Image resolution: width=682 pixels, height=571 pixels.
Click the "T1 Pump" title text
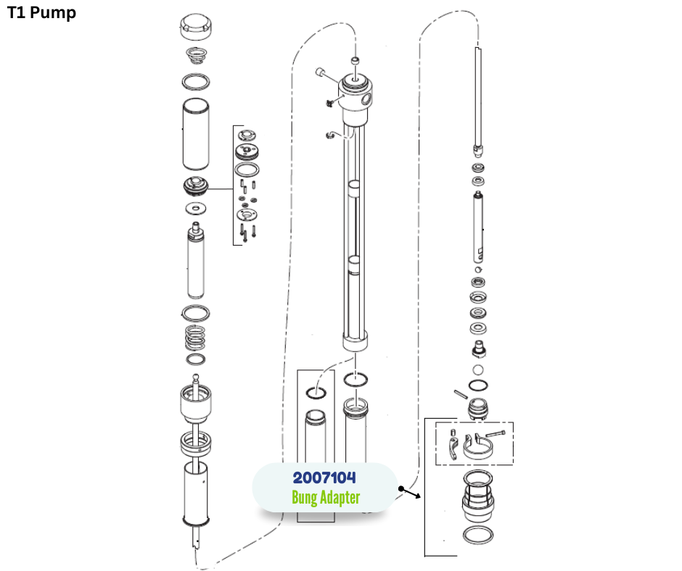click(x=41, y=13)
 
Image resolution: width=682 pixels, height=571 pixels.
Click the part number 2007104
click(x=324, y=478)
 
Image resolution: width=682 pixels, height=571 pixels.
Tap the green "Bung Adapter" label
click(x=326, y=498)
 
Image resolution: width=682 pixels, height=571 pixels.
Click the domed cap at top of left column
click(x=195, y=28)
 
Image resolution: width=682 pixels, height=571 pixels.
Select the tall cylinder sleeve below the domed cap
click(x=195, y=134)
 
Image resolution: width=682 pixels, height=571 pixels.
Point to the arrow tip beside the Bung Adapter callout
click(x=419, y=497)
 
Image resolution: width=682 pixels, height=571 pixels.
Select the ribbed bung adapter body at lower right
click(x=479, y=500)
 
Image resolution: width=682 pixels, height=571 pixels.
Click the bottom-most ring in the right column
click(x=479, y=536)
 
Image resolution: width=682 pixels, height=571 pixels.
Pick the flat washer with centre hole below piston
click(x=195, y=209)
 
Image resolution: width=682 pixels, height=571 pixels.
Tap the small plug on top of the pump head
click(x=355, y=61)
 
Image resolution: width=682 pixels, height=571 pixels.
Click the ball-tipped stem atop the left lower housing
click(x=195, y=380)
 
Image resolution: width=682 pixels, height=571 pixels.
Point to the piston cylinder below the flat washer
click(x=195, y=262)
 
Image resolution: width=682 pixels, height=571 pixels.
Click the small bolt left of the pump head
click(x=319, y=72)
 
